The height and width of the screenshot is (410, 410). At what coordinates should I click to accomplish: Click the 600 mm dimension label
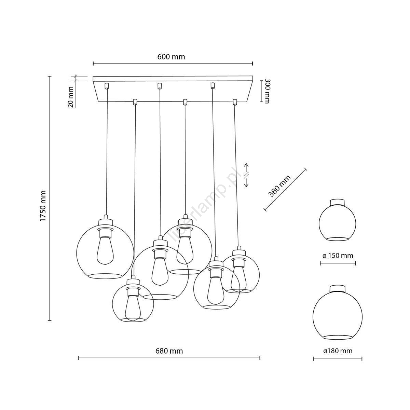tap(171, 57)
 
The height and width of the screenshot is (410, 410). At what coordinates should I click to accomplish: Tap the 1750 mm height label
tap(43, 206)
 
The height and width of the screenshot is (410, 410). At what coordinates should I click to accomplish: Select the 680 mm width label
tap(169, 351)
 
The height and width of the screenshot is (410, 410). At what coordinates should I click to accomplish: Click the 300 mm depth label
tap(267, 91)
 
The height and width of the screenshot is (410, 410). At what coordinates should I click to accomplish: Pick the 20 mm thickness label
tap(71, 97)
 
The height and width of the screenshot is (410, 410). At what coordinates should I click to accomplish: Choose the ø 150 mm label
tap(338, 256)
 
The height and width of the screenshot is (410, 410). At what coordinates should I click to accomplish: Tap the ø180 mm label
tap(338, 351)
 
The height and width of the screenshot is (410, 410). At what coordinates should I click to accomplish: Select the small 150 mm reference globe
tap(338, 220)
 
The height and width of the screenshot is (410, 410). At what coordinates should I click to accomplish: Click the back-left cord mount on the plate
tap(107, 85)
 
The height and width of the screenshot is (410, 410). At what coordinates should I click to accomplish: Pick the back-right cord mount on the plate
tap(212, 85)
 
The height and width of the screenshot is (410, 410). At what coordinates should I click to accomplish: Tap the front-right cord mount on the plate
tap(235, 102)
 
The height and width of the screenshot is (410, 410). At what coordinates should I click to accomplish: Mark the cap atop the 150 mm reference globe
tap(338, 202)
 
